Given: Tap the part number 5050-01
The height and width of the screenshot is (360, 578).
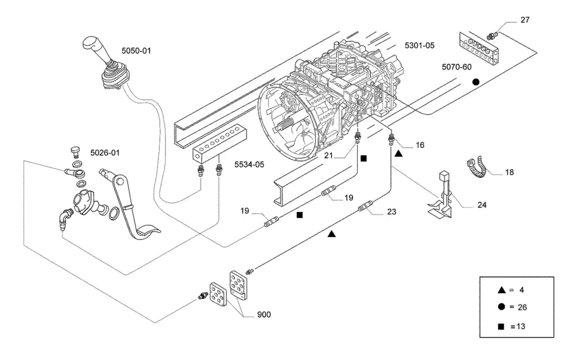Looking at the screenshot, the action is coord(137,51).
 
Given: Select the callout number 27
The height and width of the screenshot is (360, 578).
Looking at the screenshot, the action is coord(525,20).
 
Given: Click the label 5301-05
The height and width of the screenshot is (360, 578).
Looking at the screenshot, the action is coord(419,45).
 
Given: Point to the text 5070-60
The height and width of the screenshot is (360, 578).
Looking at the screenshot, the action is coord(457,67).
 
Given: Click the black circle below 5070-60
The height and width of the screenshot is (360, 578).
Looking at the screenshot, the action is coord(476,82).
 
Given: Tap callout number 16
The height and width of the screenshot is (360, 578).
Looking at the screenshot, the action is coord(420,146).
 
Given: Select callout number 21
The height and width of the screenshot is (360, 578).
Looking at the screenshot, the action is coord(328,156).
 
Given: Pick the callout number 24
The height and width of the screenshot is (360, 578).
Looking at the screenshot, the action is coord(482,205).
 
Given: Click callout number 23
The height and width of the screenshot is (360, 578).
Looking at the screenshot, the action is coord(391,212).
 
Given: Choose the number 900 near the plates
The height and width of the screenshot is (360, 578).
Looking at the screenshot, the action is coord(264,315).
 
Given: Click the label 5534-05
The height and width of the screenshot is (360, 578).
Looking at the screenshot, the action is coord(249,164).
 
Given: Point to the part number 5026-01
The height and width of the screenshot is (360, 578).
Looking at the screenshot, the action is coord(105,153).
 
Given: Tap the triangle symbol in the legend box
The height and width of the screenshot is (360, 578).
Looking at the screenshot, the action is coord(501,290).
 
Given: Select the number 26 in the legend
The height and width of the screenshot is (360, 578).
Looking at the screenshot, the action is coord(522,307).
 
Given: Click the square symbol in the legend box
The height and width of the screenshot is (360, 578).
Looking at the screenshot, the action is coord(501,326).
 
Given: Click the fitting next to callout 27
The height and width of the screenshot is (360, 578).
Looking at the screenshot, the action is coord(492,35).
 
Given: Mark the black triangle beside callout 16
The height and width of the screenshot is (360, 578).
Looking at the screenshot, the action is coord(398,153).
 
